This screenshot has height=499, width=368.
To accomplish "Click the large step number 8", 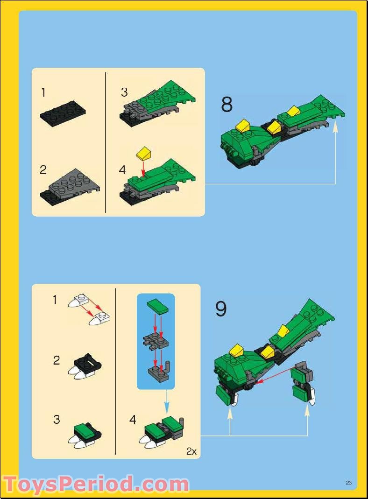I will pos(226,105).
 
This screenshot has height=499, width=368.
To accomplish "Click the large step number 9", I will pos(221,309).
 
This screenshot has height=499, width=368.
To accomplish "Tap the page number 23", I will pos(348,483).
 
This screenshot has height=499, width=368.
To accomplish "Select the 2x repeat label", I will pos(191,451).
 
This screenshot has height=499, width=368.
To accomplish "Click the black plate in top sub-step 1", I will pos(62,113).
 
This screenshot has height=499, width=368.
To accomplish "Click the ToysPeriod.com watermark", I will pos(96,484).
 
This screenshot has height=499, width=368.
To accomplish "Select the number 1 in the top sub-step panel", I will pos(43,92).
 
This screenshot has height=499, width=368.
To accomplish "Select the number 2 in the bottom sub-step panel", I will pos(57,360).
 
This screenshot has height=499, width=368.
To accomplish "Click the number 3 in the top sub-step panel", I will pos(124,92).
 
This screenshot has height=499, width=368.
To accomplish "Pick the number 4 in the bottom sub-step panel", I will pos(133,420).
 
